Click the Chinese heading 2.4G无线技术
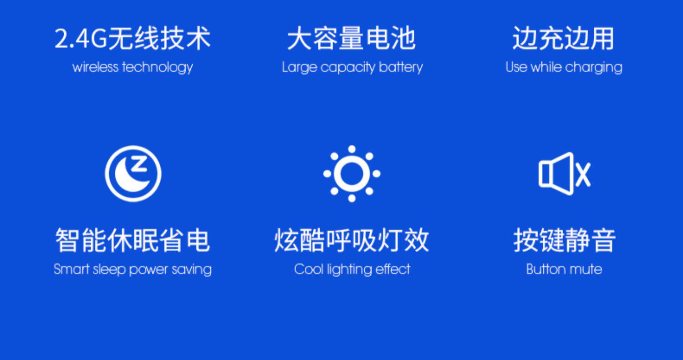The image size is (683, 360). (x=133, y=38)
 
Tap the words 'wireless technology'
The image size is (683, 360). (x=133, y=67)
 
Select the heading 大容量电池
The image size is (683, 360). (x=352, y=38)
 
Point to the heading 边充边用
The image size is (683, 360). (x=564, y=38)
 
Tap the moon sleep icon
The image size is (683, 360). (x=133, y=173)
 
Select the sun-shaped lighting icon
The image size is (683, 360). (x=352, y=173)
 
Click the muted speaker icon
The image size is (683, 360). (x=565, y=173)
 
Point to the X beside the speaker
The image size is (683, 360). (x=583, y=174)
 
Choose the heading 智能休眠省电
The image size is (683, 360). (x=133, y=240)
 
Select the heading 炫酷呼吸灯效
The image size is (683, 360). (x=352, y=240)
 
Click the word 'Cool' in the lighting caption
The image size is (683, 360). (x=308, y=269)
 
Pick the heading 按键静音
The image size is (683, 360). (x=565, y=240)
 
